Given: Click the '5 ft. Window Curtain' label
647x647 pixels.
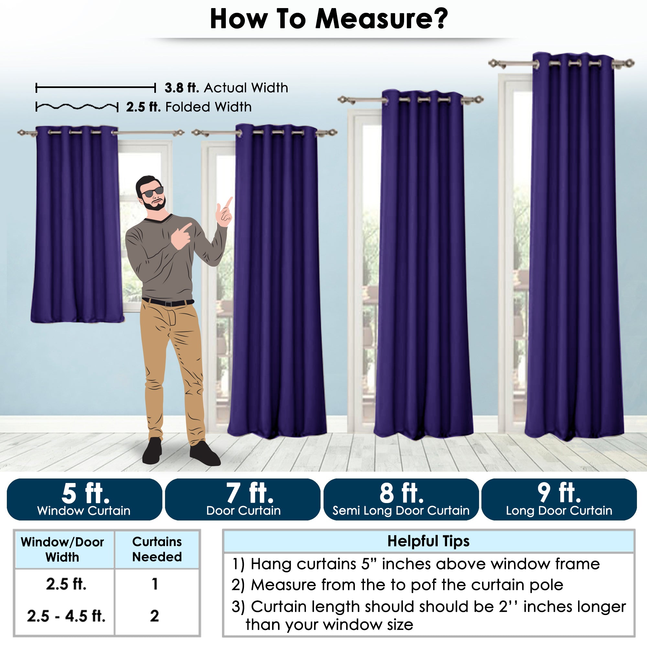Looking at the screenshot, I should (84, 499).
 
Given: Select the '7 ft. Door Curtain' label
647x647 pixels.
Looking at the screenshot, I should (243, 499).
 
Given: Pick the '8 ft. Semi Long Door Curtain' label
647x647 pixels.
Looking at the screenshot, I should (401, 499).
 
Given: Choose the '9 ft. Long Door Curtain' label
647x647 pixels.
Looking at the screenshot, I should (559, 499).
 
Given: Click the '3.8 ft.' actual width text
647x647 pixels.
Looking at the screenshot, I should (182, 88).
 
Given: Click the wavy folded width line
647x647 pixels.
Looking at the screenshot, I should (77, 107).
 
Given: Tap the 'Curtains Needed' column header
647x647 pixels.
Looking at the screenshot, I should (157, 549).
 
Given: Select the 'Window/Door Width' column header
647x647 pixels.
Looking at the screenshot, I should (63, 550).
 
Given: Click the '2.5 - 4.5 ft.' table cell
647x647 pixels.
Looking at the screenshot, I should (66, 616).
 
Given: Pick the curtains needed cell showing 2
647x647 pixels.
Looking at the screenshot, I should (154, 616).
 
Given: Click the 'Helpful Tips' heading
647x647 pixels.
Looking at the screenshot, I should (428, 541).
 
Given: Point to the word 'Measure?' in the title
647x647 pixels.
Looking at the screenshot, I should (381, 19).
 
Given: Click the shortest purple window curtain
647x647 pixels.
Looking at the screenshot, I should (77, 225).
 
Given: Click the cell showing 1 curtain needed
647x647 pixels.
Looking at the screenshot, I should (154, 584).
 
